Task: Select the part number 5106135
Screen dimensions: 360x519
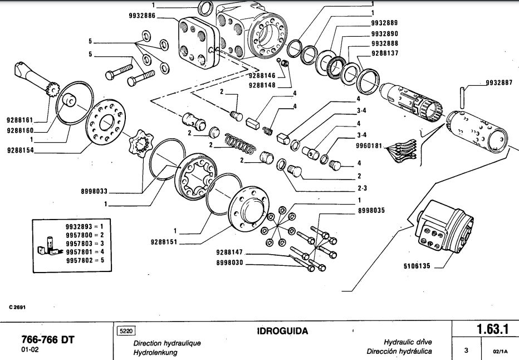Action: point(417,266)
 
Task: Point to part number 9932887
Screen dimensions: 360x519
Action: point(498,82)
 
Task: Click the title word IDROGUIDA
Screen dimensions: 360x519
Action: point(282,332)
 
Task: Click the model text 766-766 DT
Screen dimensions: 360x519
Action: point(48,340)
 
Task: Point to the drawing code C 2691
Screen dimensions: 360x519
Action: point(17,307)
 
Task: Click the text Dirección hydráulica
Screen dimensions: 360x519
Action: point(399,352)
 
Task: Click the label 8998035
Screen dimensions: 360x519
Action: point(370,211)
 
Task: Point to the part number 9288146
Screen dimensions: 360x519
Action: point(262,76)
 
